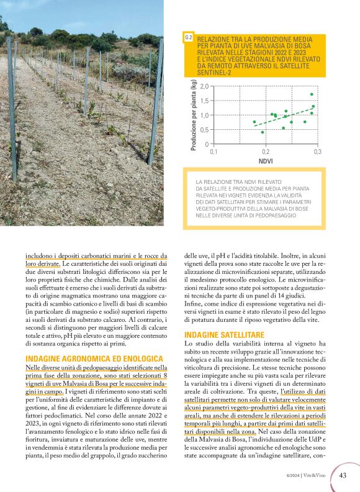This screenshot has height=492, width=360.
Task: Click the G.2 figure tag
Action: click(189, 39)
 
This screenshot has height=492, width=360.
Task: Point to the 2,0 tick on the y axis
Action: click(205, 86)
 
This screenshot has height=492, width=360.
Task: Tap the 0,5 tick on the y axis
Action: click(205, 130)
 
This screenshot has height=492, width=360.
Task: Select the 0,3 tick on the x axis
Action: click(317, 152)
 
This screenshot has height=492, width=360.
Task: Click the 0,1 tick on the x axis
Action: click(214, 152)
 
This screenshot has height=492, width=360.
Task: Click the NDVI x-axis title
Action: click(266, 160)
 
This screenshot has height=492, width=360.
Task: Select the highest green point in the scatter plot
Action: click(312, 94)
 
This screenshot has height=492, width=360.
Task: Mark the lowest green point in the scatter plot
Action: click(263, 132)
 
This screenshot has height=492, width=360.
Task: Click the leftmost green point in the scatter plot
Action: click(254, 122)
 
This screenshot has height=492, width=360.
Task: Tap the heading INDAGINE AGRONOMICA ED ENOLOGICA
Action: click(94, 359)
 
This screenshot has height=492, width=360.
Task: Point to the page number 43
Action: click(343, 476)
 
